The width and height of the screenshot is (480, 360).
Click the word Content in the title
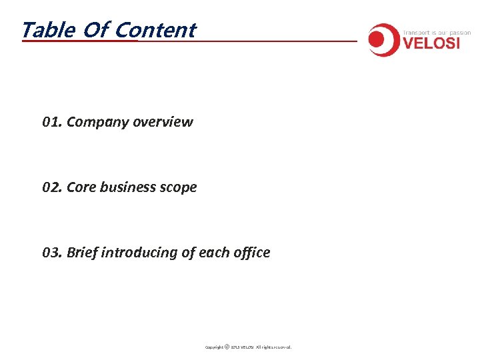(x=155, y=30)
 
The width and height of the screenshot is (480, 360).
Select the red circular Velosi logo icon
(x=383, y=40)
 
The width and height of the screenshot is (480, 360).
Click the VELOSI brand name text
(x=437, y=44)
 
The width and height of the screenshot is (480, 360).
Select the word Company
(x=97, y=122)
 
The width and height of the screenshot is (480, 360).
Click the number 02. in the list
(x=52, y=187)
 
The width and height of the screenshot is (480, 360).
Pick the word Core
(x=81, y=187)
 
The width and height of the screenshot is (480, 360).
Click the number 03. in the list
(x=52, y=253)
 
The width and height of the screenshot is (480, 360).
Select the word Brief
(x=82, y=253)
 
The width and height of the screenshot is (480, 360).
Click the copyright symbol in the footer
(x=227, y=347)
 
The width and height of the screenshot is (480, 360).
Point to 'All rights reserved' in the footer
(x=274, y=347)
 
